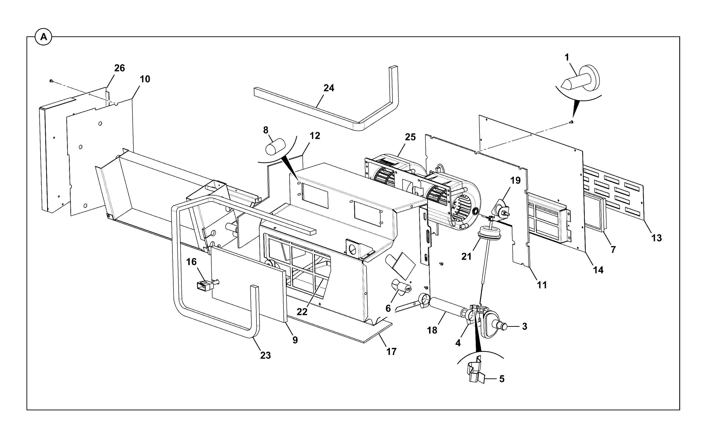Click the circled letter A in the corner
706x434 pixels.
pos(43,37)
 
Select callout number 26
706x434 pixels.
pos(119,68)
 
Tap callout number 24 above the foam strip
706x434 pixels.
pos(329,88)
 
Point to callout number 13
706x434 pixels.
pos(656,238)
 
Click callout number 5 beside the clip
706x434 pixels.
pos(502,379)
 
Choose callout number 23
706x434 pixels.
pos(265,355)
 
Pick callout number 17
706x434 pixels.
pos(391,351)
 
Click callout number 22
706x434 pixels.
pos(302,312)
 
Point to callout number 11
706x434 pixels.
pos(542,285)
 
